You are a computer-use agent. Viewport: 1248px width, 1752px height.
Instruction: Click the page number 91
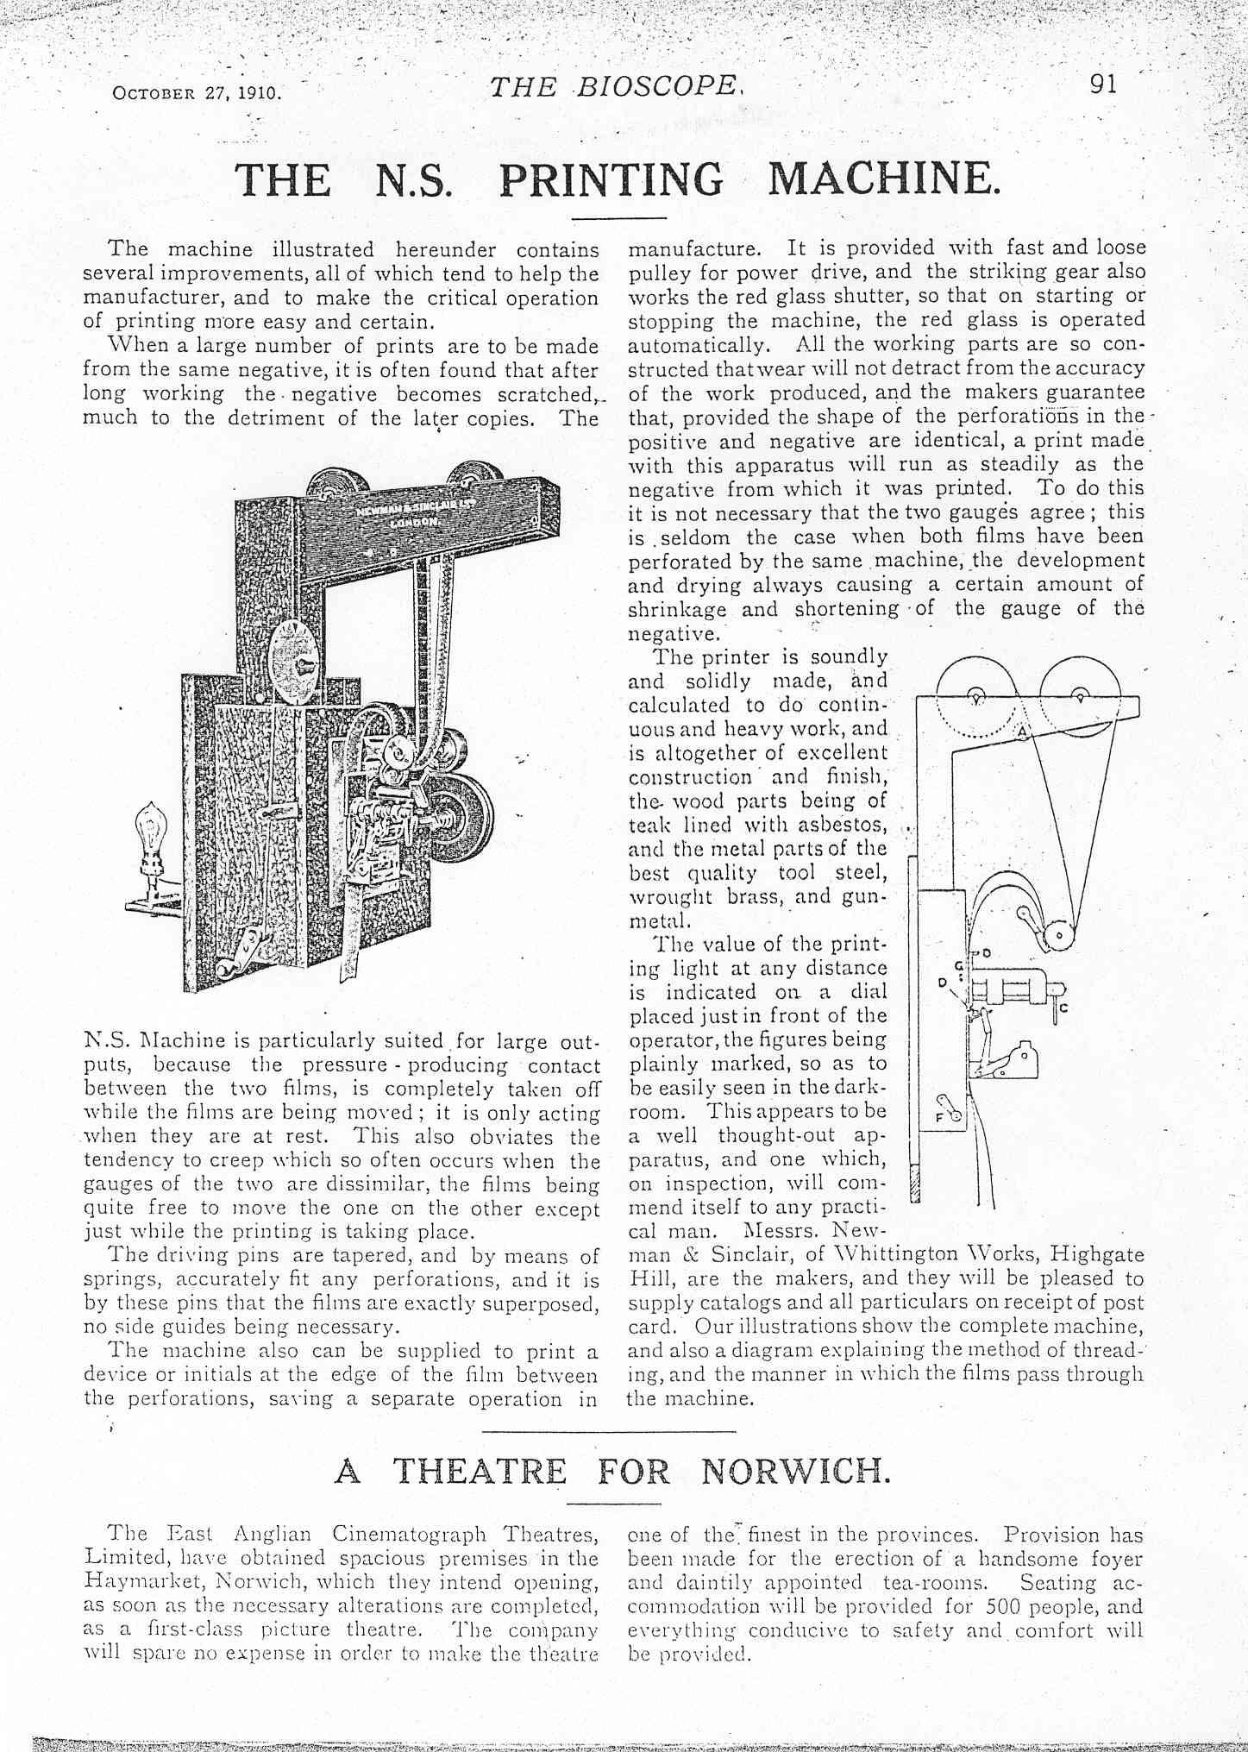[x=1103, y=84]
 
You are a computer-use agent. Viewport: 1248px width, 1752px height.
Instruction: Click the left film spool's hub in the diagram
[x=975, y=698]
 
